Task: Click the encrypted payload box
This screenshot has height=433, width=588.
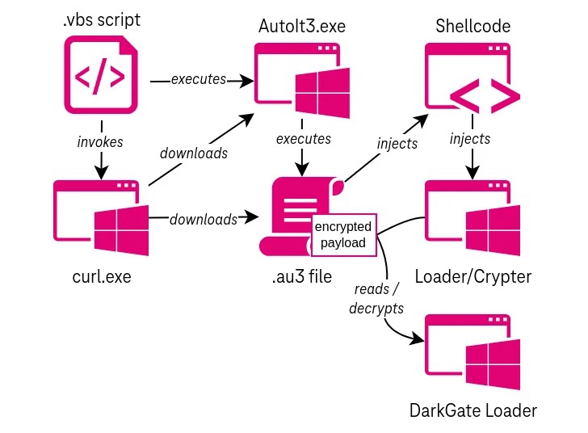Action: pos(345,235)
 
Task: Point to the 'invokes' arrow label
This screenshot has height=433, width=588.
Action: pos(100,141)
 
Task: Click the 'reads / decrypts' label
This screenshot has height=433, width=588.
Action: pos(377,299)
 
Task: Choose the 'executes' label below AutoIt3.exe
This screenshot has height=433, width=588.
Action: pos(303,138)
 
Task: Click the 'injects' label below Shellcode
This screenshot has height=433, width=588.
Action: pos(470,138)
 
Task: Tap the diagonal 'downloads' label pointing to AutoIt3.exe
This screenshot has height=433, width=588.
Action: pos(194,152)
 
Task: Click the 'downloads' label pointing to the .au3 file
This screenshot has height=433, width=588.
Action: pos(204,219)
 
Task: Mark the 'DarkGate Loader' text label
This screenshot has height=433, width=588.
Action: pos(472,410)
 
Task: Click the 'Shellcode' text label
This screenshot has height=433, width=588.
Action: pos(472,26)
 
